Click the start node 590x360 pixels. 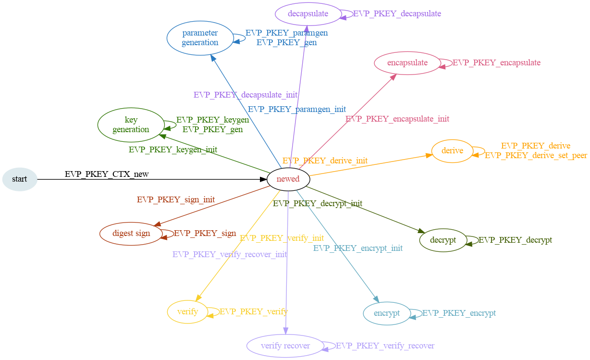[20, 179]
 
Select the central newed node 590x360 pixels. [288, 179]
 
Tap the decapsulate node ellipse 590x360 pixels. [308, 13]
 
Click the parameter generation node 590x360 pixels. [200, 37]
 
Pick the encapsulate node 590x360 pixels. [407, 62]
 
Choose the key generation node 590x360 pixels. [131, 124]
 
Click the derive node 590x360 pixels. [452, 151]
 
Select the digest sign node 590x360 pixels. [131, 234]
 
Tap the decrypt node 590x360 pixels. [443, 240]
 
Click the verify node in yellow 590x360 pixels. [187, 311]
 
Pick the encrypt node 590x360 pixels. [387, 313]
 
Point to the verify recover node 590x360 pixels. [285, 346]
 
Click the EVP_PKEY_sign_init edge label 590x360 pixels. [176, 199]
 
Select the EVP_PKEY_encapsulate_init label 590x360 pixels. [397, 119]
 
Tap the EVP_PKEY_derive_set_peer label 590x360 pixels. [536, 155]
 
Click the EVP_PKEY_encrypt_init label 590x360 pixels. [358, 248]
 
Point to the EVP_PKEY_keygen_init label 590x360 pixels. [173, 149]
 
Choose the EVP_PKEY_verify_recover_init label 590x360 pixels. [230, 254]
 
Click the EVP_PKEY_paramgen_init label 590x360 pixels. [297, 109]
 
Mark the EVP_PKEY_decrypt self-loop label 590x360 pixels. [516, 240]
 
